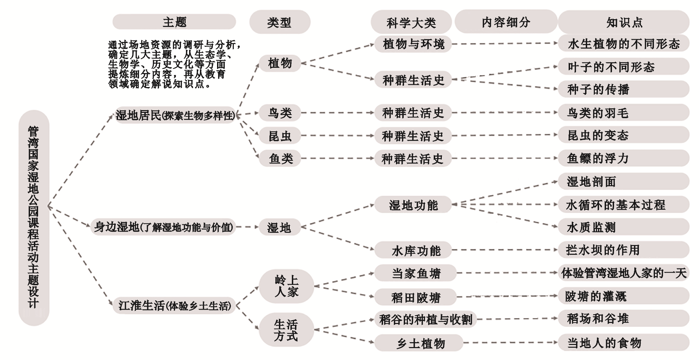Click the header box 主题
[x=174, y=22]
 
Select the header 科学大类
[x=411, y=23]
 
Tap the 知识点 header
[x=624, y=22]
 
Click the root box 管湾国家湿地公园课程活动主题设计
[x=34, y=217]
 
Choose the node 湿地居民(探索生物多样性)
[x=175, y=115]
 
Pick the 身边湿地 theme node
[x=163, y=227]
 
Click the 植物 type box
[x=280, y=63]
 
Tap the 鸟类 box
[x=280, y=113]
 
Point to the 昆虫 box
[x=280, y=136]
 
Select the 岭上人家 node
[x=286, y=286]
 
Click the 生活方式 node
[x=286, y=330]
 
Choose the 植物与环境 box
[x=413, y=44]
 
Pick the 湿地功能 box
[x=413, y=205]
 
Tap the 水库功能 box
[x=416, y=250]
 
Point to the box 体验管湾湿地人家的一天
[x=624, y=273]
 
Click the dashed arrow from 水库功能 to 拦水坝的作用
[x=505, y=250]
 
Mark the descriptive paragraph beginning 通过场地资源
[x=174, y=64]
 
